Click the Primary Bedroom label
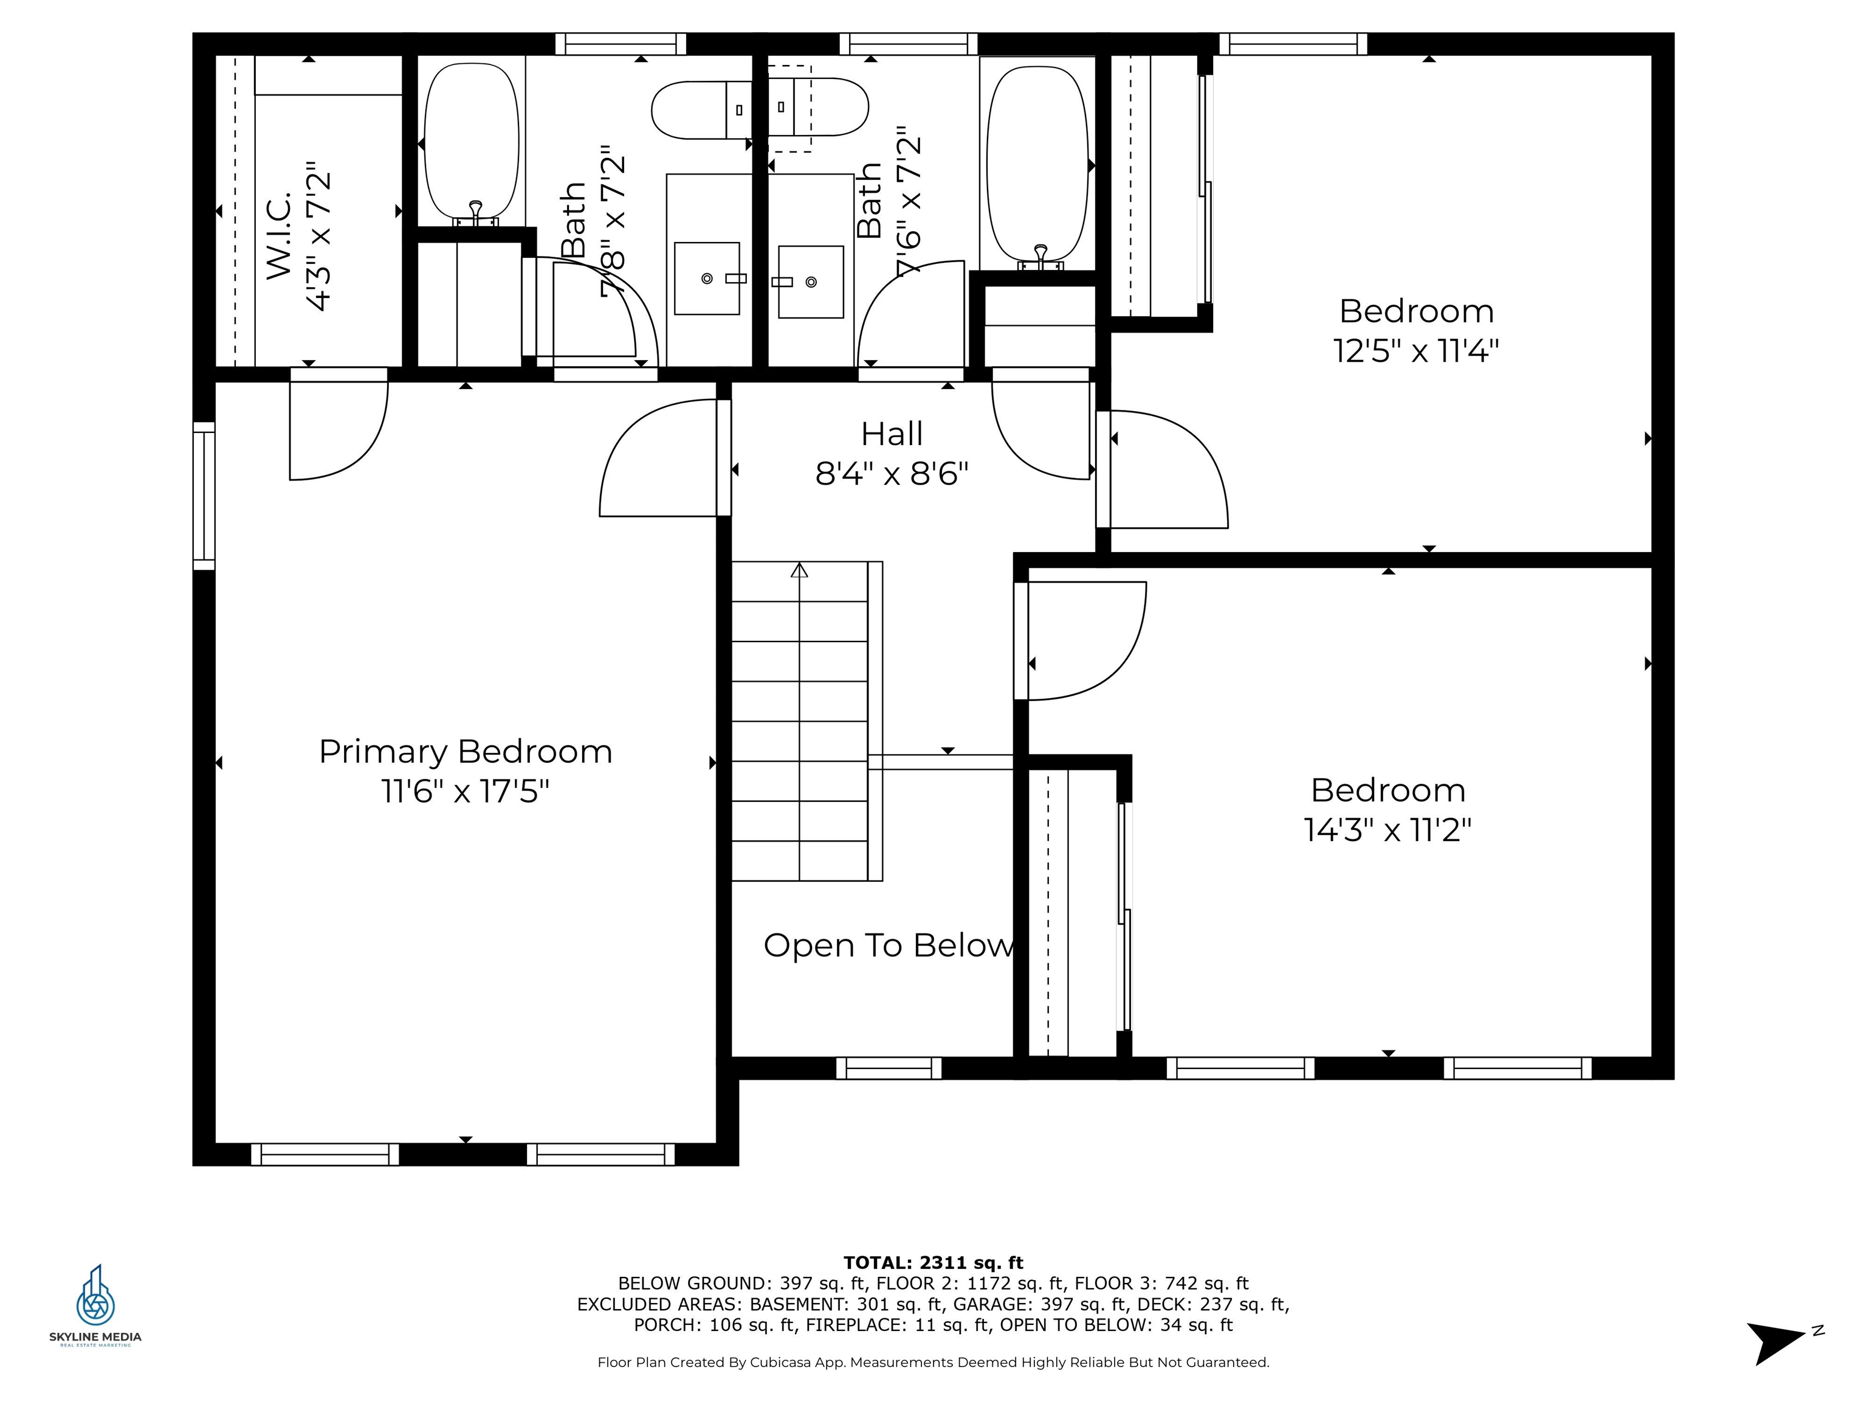465,752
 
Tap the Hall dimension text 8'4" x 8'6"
892,474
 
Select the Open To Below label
888,946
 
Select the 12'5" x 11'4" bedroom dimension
1415,350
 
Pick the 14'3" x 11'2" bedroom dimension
1387,830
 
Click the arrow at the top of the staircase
799,571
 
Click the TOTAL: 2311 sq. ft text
933,1262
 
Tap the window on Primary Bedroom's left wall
204,496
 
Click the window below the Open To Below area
888,1068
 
